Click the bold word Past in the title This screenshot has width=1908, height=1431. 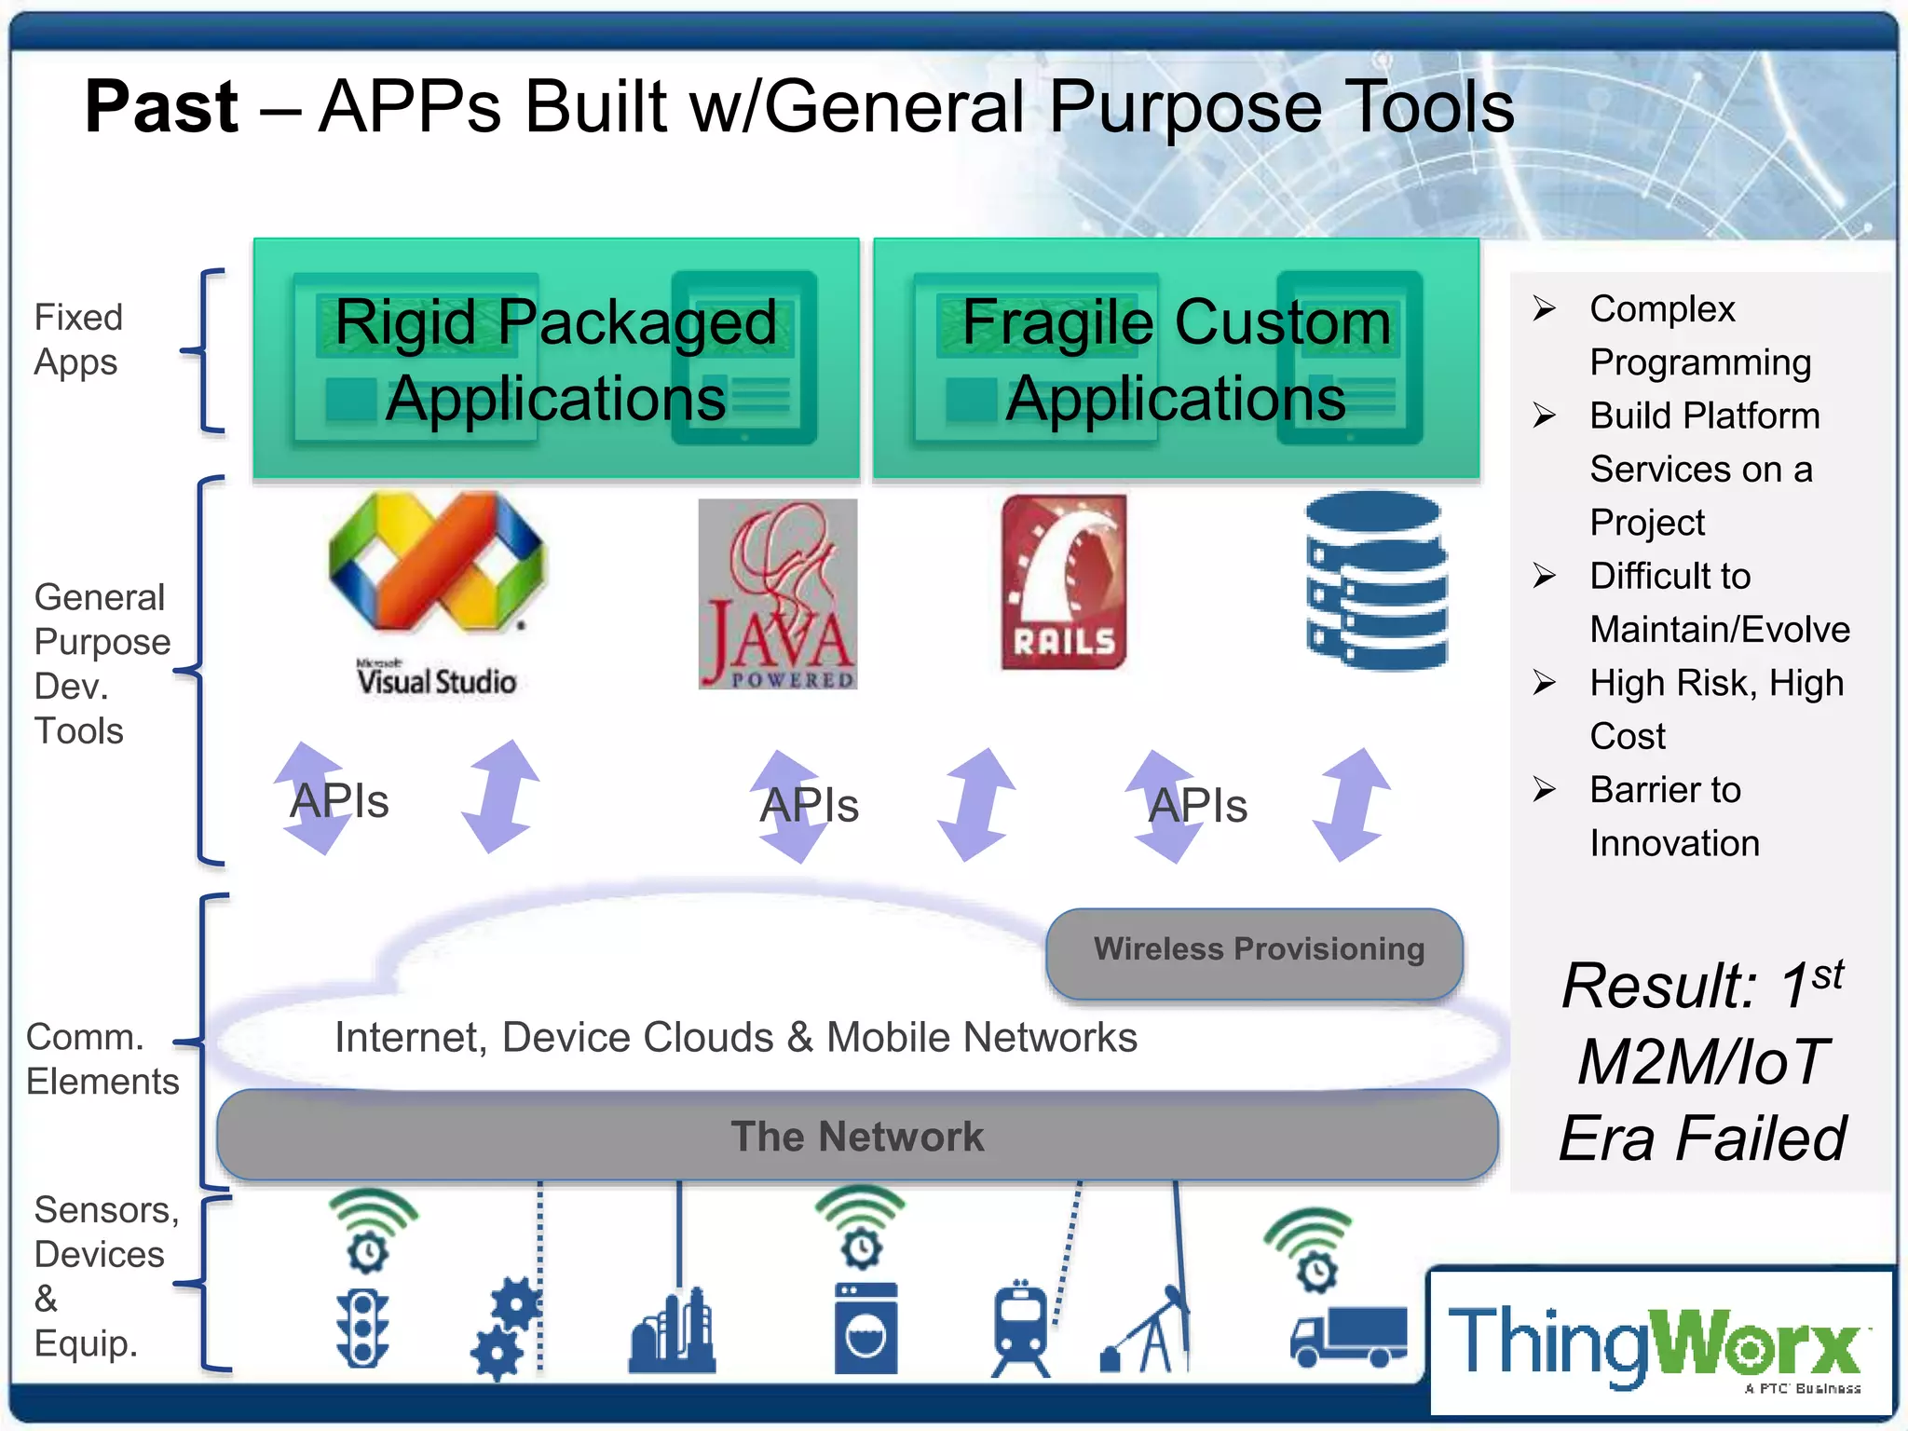point(161,107)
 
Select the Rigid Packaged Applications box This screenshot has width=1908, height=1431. point(556,359)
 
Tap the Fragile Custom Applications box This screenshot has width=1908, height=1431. point(1176,359)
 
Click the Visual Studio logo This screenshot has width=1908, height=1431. point(436,592)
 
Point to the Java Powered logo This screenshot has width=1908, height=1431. point(778,593)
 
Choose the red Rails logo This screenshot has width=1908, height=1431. point(1064,582)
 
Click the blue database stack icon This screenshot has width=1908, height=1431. point(1376,580)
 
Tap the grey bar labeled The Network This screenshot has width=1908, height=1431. point(857,1136)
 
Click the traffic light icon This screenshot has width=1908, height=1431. point(363,1328)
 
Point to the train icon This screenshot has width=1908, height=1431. point(1021,1329)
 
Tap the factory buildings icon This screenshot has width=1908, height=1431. point(672,1332)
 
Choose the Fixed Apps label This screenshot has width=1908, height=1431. point(77,339)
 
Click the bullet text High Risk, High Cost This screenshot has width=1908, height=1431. point(1715,709)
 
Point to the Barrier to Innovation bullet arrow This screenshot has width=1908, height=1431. point(1544,790)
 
